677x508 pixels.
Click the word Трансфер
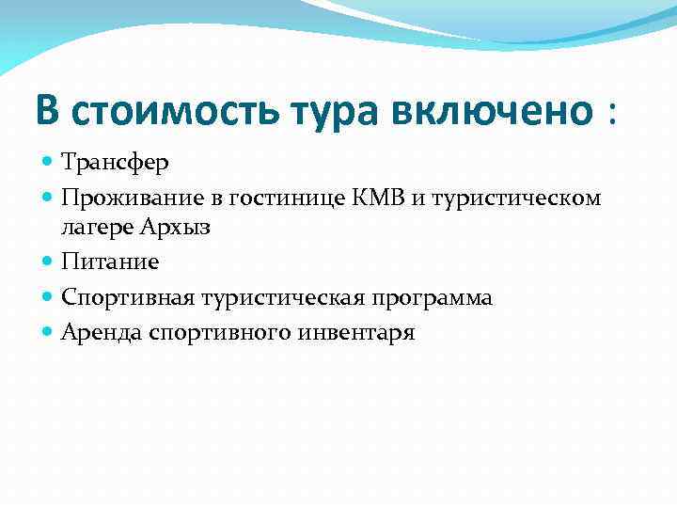click(x=115, y=162)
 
